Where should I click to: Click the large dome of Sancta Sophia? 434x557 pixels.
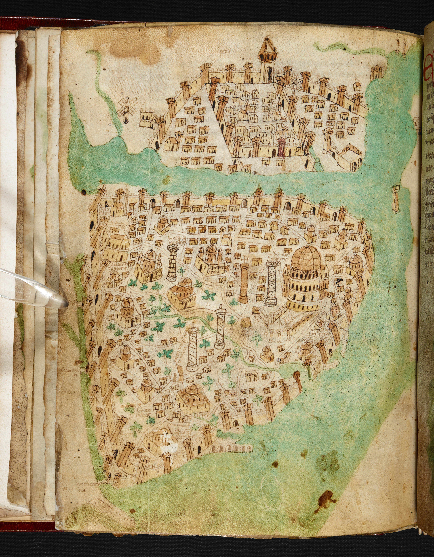click(x=306, y=256)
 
